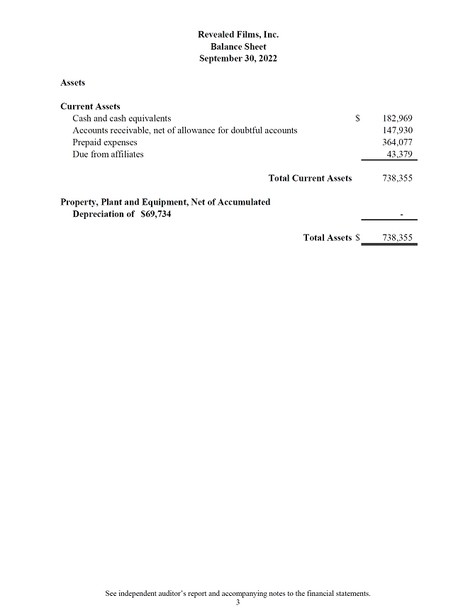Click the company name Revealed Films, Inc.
pyautogui.click(x=238, y=34)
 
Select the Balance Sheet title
pyautogui.click(x=238, y=46)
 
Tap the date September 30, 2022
pyautogui.click(x=238, y=58)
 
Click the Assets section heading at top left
pyautogui.click(x=73, y=83)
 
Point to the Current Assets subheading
pyautogui.click(x=90, y=106)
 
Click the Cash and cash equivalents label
pyautogui.click(x=121, y=118)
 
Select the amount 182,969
pyautogui.click(x=397, y=118)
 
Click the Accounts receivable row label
pyautogui.click(x=184, y=130)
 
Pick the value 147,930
pyautogui.click(x=397, y=130)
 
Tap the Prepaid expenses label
pyautogui.click(x=105, y=142)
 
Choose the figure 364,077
pyautogui.click(x=397, y=142)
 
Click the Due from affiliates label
pyautogui.click(x=108, y=154)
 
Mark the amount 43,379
pyautogui.click(x=399, y=154)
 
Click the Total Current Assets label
pyautogui.click(x=310, y=178)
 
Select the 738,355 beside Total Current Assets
pyautogui.click(x=397, y=178)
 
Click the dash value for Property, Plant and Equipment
pyautogui.click(x=401, y=214)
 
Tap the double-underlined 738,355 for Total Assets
pyautogui.click(x=397, y=238)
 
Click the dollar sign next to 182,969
pyautogui.click(x=359, y=118)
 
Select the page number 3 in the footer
pyautogui.click(x=238, y=602)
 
